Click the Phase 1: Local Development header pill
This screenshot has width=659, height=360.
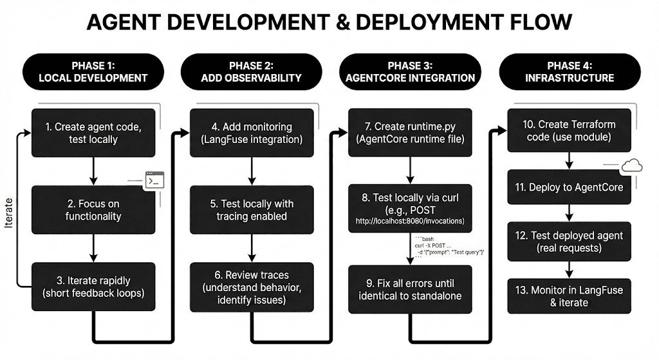click(x=93, y=71)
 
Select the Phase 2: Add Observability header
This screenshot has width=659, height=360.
click(x=251, y=71)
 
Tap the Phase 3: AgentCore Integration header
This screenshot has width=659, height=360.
click(x=411, y=71)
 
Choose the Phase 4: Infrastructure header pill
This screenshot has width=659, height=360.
click(x=571, y=71)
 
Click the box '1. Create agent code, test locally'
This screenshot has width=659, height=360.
click(x=93, y=133)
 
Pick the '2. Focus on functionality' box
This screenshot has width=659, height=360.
click(x=93, y=210)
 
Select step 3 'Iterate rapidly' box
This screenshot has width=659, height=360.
click(x=93, y=287)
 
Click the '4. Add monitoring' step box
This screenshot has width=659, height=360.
click(x=251, y=133)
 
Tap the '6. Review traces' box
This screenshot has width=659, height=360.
click(x=251, y=287)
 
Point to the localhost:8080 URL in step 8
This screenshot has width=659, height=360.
click(x=411, y=222)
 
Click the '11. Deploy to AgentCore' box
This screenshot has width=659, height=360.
click(x=568, y=187)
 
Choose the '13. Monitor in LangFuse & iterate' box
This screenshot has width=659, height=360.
click(x=569, y=296)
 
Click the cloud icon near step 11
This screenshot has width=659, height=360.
click(x=631, y=166)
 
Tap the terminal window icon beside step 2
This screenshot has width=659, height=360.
click(x=154, y=180)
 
